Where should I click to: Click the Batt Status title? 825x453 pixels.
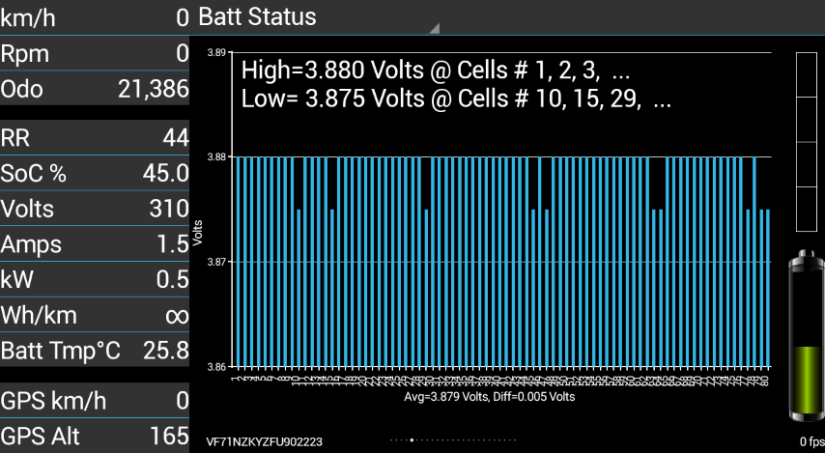pyautogui.click(x=257, y=16)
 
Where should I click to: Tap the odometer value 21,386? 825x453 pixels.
pyautogui.click(x=153, y=90)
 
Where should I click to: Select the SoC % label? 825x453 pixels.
pyautogui.click(x=34, y=174)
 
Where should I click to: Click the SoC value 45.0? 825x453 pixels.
pyautogui.click(x=166, y=174)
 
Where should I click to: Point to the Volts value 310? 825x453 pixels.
pyautogui.click(x=169, y=209)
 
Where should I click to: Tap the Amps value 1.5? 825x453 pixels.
pyautogui.click(x=172, y=244)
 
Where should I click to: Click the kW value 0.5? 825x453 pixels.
pyautogui.click(x=172, y=280)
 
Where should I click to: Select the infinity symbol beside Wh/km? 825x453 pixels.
pyautogui.click(x=176, y=315)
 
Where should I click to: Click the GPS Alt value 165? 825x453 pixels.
pyautogui.click(x=169, y=435)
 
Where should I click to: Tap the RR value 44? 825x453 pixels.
pyautogui.click(x=175, y=138)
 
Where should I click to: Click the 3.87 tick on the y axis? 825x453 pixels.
pyautogui.click(x=217, y=262)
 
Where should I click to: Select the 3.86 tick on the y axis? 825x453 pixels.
pyautogui.click(x=217, y=367)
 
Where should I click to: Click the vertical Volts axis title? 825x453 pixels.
pyautogui.click(x=198, y=233)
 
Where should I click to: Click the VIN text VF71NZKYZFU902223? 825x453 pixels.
pyautogui.click(x=264, y=441)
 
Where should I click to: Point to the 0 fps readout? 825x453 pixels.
pyautogui.click(x=811, y=442)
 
